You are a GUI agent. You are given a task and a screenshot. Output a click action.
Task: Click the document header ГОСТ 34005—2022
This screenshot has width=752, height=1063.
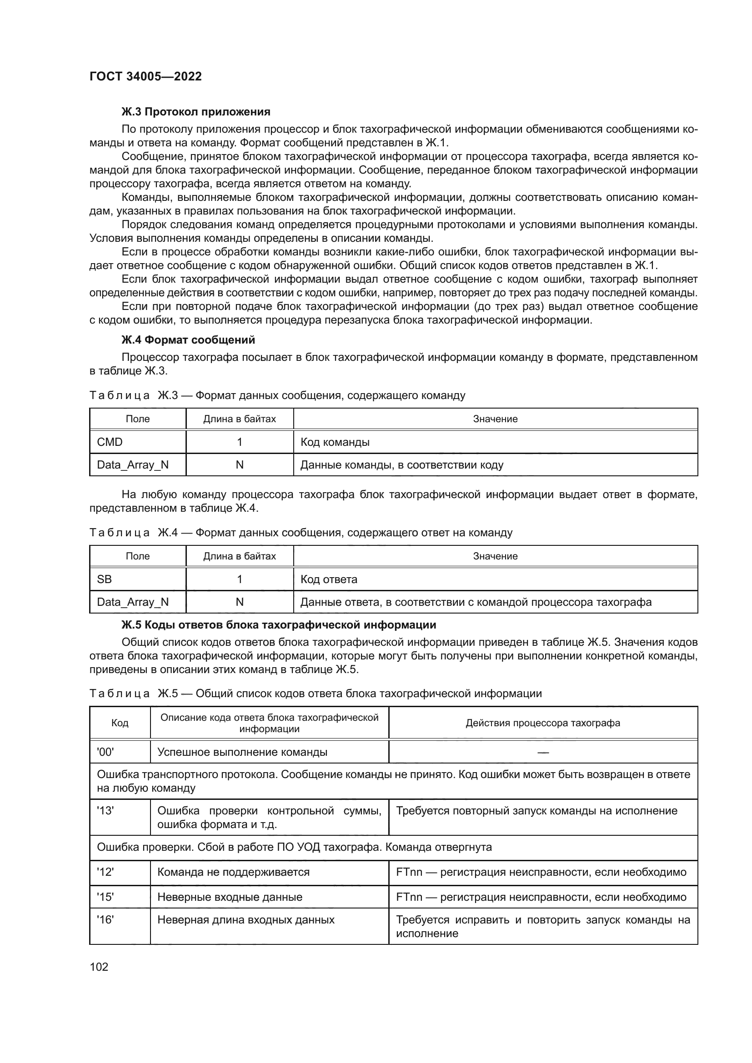[145, 76]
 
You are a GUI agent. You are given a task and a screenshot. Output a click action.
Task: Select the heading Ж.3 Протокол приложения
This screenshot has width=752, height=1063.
[196, 112]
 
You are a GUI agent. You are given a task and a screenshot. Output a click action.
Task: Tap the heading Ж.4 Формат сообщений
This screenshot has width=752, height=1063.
[188, 340]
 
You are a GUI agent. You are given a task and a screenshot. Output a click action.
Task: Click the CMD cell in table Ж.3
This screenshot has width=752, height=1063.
[110, 442]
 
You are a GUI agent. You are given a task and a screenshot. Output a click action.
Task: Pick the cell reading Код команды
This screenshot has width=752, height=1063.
[335, 442]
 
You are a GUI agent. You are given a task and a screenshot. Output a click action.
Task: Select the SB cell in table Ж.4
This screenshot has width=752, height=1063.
[104, 579]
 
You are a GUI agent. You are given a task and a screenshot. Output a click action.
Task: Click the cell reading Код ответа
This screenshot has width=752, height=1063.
[329, 579]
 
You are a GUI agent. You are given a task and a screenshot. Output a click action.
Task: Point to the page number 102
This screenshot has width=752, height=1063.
[99, 967]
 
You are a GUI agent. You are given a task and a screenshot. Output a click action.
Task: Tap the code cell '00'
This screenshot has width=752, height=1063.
[105, 752]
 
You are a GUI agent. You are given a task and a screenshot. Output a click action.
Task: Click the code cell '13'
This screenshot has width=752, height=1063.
[105, 811]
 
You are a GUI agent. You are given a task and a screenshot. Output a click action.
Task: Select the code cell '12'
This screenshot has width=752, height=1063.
[105, 872]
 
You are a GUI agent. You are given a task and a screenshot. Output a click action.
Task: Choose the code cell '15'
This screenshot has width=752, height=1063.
[105, 897]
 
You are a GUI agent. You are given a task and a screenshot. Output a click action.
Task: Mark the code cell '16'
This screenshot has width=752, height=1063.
[105, 920]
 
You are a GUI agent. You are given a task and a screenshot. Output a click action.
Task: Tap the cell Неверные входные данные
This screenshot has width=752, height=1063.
[230, 897]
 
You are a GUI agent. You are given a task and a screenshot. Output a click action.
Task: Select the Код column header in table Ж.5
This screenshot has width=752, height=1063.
[120, 723]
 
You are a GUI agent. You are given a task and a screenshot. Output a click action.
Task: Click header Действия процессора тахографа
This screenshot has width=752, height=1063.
[543, 723]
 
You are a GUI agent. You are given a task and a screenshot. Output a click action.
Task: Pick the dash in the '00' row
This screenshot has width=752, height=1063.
[543, 752]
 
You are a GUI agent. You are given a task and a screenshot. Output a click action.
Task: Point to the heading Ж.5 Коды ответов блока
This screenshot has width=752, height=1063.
[278, 625]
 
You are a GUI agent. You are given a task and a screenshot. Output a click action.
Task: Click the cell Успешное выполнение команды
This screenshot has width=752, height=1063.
[242, 752]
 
